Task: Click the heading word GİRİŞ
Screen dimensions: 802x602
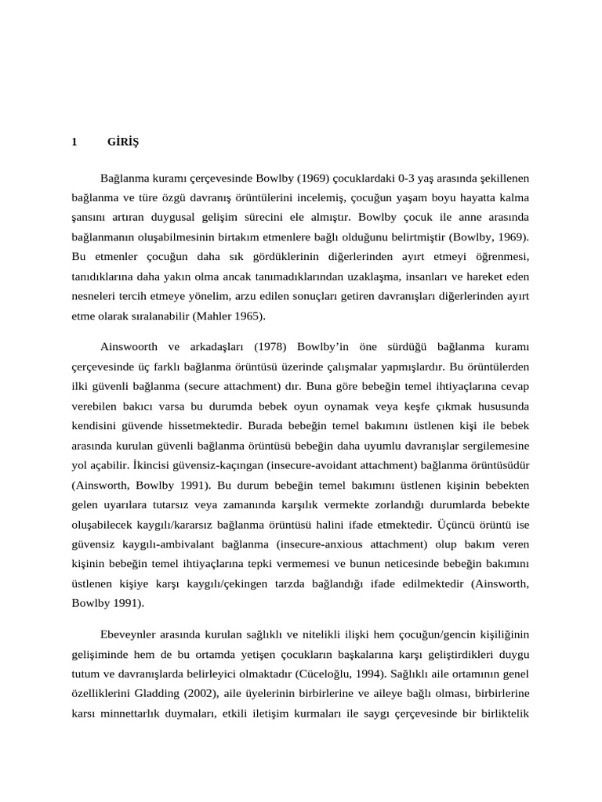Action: [122, 142]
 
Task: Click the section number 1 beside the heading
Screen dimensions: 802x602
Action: [74, 142]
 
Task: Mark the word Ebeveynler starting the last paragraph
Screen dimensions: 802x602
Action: [131, 632]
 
